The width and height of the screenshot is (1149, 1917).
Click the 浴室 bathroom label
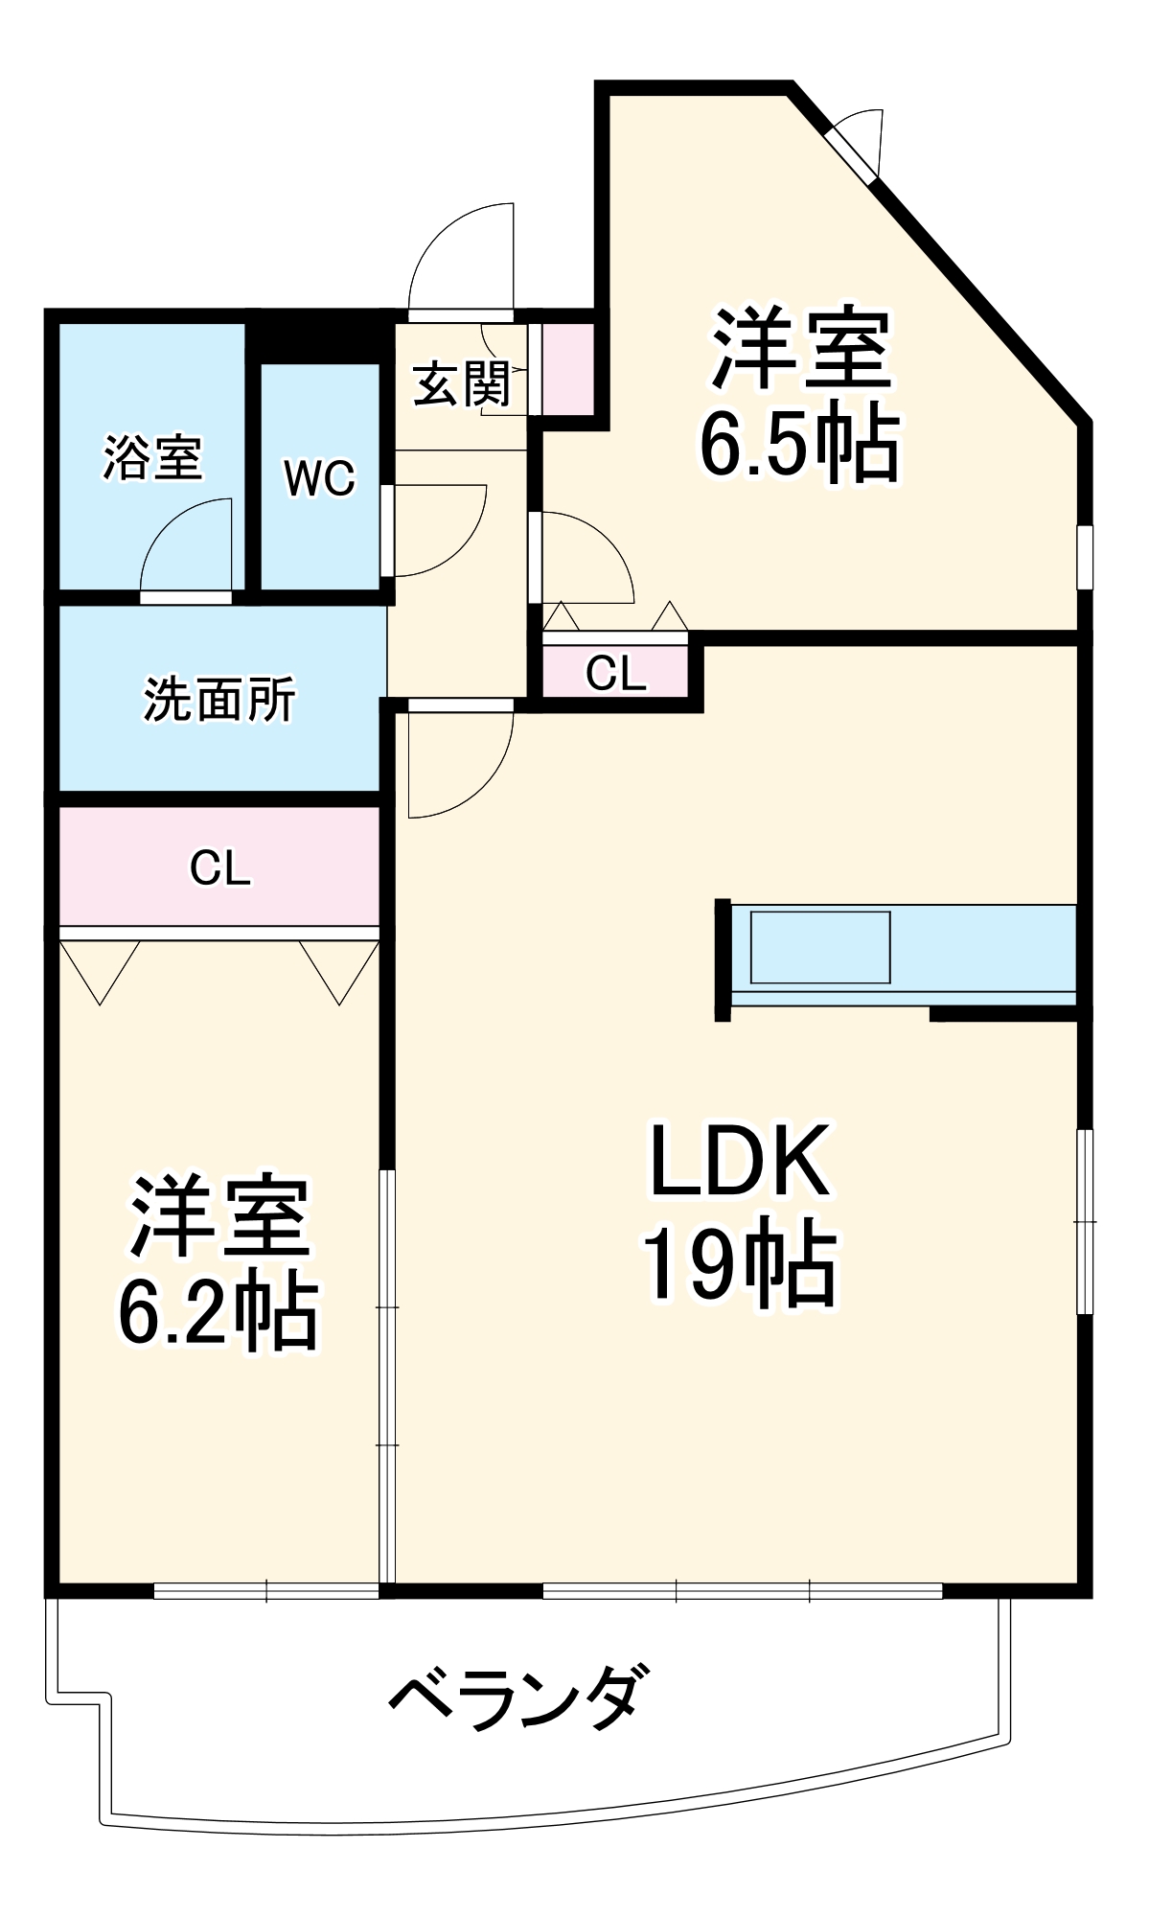tap(152, 457)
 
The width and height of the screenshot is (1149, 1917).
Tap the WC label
tap(319, 477)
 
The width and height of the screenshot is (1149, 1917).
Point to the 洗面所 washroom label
tap(219, 700)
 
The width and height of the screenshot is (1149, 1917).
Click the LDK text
tap(740, 1162)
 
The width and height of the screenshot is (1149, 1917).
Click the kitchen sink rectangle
tap(820, 947)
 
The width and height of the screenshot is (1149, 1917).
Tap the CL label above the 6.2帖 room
tap(219, 868)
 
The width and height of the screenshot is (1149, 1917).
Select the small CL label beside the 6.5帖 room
tap(615, 673)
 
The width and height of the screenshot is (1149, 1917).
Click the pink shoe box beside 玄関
tap(568, 369)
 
